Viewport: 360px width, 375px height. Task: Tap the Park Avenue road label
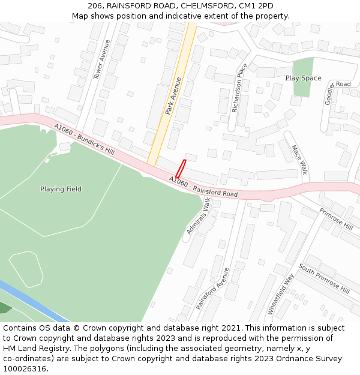(x=173, y=96)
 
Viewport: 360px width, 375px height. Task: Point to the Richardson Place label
(x=239, y=88)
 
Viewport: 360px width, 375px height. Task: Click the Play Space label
(x=303, y=78)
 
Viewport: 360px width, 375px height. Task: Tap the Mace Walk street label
(x=299, y=160)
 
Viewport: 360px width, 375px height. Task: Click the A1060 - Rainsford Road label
(x=203, y=187)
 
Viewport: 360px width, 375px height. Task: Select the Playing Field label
(x=61, y=189)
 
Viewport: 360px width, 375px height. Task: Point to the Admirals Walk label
(x=199, y=217)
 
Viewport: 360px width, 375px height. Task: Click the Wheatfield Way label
(x=281, y=294)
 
